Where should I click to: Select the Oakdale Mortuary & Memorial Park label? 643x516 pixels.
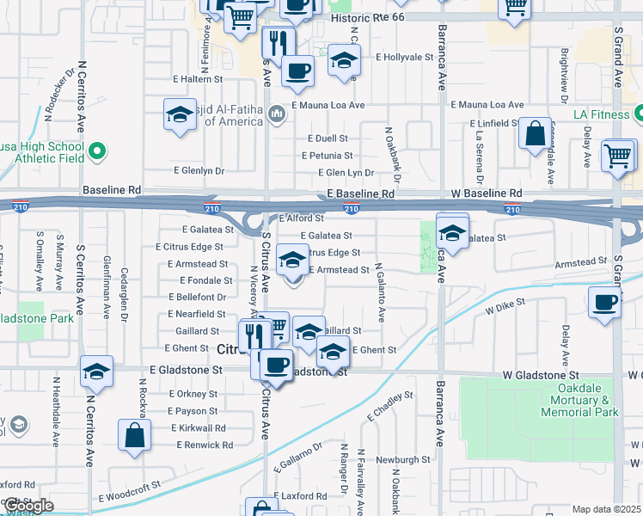[580, 406]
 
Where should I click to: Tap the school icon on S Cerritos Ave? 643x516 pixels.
[97, 372]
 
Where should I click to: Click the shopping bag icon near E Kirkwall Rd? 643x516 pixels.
[136, 435]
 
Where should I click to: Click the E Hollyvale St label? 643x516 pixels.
[405, 57]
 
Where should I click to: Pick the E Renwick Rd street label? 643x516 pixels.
[205, 445]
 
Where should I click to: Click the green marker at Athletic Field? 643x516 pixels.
[97, 152]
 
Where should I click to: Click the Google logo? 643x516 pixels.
[29, 506]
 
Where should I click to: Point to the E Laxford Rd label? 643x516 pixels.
[300, 496]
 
